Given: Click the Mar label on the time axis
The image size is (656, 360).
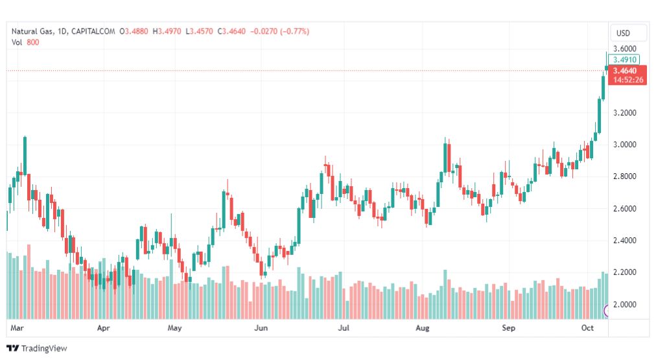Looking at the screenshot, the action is pyautogui.click(x=17, y=328).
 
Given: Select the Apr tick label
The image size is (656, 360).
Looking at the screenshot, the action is pyautogui.click(x=103, y=328).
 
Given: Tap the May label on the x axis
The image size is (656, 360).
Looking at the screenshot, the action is pyautogui.click(x=174, y=328).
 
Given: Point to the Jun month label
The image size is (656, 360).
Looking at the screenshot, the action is pyautogui.click(x=261, y=328).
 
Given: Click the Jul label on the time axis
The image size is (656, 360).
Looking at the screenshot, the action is pyautogui.click(x=344, y=328).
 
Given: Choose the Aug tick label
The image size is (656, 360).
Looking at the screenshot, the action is pyautogui.click(x=423, y=328).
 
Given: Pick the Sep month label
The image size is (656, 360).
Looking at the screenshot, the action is pyautogui.click(x=509, y=328).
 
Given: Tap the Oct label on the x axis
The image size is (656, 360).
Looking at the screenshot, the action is pyautogui.click(x=587, y=328).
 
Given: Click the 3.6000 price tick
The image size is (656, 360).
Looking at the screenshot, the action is pyautogui.click(x=625, y=49).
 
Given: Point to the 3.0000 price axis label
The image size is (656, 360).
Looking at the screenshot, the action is pyautogui.click(x=625, y=145).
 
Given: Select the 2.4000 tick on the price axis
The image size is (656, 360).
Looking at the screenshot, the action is pyautogui.click(x=625, y=240).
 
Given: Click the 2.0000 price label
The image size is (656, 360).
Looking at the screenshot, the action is pyautogui.click(x=625, y=304).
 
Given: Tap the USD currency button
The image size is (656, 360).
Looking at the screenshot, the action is pyautogui.click(x=623, y=33).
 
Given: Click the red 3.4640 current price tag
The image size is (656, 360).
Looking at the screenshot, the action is pyautogui.click(x=627, y=75).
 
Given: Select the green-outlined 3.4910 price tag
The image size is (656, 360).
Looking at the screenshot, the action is pyautogui.click(x=624, y=60).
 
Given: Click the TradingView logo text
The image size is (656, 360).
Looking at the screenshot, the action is pyautogui.click(x=44, y=348).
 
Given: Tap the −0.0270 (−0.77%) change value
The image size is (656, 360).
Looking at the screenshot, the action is pyautogui.click(x=279, y=31).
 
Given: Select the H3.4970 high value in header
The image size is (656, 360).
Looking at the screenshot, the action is pyautogui.click(x=167, y=31).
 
